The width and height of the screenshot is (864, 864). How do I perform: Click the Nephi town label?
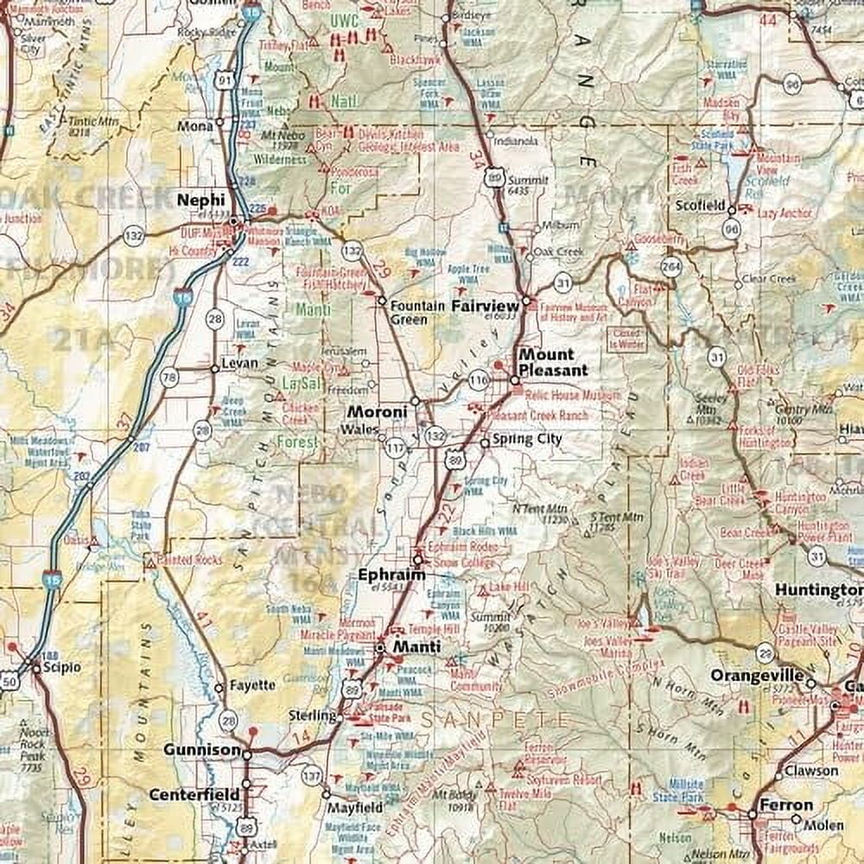(x=200, y=200)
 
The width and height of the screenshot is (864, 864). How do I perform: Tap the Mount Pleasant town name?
(x=553, y=362)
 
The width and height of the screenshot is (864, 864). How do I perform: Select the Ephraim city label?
(x=391, y=575)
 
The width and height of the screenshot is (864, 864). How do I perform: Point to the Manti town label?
(x=416, y=646)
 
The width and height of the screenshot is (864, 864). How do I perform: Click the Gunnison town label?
(x=201, y=750)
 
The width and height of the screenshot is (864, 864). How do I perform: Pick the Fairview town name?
(x=485, y=306)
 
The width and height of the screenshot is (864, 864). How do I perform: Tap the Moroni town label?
(x=377, y=412)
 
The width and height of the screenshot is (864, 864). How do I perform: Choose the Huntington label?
(x=817, y=590)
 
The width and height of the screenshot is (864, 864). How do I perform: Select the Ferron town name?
(x=786, y=804)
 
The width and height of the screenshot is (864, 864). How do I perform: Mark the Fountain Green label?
(x=418, y=312)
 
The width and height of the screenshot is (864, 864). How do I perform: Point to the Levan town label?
(x=239, y=364)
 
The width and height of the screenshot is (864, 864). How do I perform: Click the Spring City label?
(x=527, y=439)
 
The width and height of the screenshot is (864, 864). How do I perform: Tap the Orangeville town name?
(x=757, y=676)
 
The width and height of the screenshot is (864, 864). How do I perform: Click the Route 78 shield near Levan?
(x=169, y=377)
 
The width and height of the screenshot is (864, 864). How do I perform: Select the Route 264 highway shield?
(x=671, y=266)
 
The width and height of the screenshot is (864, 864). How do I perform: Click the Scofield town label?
(x=701, y=206)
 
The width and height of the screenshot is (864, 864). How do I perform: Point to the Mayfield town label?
(x=355, y=808)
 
